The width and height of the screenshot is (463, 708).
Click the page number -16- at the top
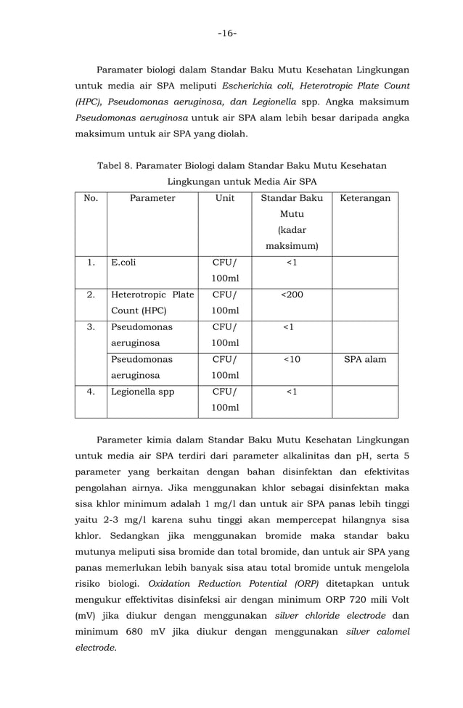231,33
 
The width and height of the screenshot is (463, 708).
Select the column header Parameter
152,198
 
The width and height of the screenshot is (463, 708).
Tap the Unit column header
225,198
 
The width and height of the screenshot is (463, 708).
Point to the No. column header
91,198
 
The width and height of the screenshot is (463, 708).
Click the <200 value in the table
292,295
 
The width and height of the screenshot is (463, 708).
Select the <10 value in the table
292,360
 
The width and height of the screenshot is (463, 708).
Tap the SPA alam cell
365,360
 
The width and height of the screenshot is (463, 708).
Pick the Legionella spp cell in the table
142,392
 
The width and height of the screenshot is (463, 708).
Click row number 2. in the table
91,295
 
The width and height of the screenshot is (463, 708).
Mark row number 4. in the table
91,392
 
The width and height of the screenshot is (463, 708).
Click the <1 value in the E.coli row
292,263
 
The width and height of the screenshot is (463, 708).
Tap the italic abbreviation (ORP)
299,583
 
